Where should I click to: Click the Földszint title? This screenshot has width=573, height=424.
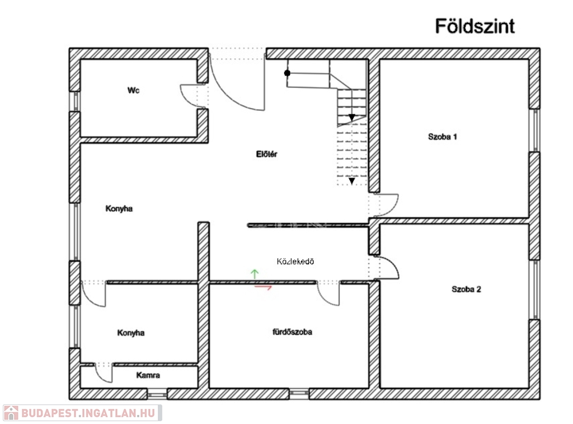point(475,26)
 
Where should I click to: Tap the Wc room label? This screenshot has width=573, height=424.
point(133,90)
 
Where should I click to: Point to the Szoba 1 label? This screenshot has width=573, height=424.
point(443,136)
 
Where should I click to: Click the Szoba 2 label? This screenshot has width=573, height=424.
point(466,289)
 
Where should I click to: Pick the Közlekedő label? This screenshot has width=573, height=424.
point(295,261)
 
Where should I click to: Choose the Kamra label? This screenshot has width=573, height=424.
point(148,375)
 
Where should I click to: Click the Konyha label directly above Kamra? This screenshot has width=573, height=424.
point(131,333)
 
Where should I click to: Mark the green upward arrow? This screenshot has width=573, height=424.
point(255,274)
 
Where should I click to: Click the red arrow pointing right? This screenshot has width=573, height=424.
point(264,287)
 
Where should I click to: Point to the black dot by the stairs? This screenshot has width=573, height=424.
point(287,73)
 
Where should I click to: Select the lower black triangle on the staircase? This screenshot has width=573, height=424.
point(351,181)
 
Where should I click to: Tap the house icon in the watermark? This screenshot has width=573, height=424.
point(11,413)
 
